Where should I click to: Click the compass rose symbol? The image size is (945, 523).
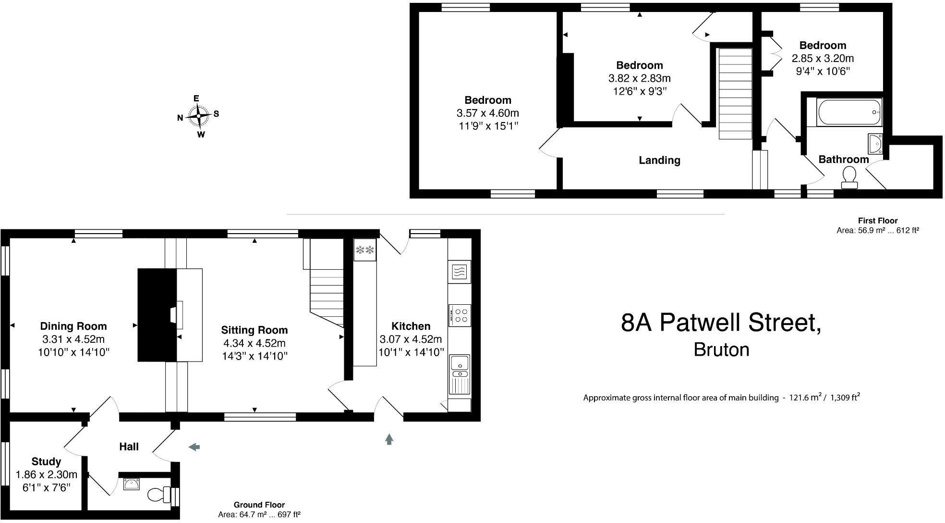pos(198,116)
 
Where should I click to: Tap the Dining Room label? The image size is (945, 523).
pos(73,326)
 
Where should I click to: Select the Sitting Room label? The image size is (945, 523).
pos(254,330)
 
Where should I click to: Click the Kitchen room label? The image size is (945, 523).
pos(411,326)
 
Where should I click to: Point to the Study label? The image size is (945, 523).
pos(46,461)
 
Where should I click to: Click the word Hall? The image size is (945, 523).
pos(129,447)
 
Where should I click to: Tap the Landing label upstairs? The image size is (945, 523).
pos(659,161)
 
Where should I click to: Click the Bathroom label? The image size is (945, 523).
pos(843,160)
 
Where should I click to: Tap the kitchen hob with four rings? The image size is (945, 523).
pos(460,315)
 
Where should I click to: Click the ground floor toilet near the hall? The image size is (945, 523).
pos(158,494)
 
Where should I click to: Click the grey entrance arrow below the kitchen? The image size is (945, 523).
pos(389,438)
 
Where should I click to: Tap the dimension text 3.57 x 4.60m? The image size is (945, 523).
pos(487,113)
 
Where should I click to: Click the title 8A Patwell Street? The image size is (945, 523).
pos(721,323)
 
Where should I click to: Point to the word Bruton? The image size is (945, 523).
pos(721,349)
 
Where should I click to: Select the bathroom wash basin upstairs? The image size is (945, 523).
pos(875,143)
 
